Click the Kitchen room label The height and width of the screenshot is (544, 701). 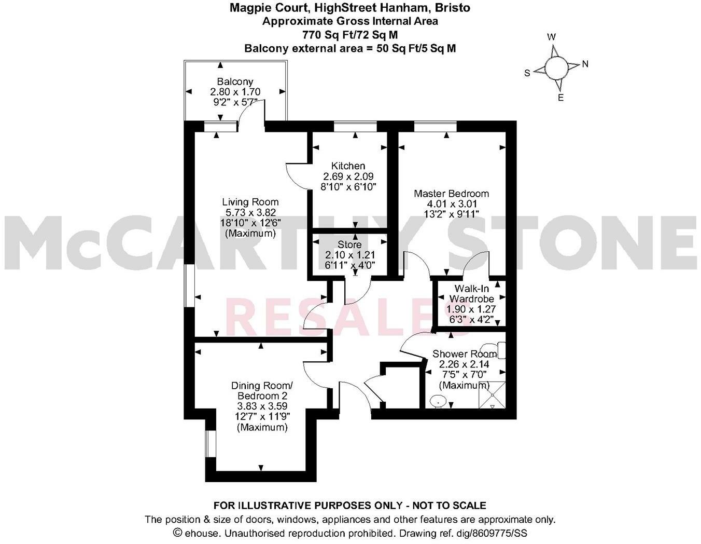[348, 166]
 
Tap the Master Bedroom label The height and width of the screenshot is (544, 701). [451, 194]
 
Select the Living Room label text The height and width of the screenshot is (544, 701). [250, 202]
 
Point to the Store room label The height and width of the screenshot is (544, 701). [349, 244]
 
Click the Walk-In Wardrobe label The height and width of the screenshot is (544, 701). [471, 293]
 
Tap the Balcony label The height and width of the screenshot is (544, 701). [235, 81]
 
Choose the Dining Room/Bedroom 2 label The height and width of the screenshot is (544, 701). [262, 391]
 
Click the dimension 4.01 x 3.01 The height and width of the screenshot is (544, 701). [451, 204]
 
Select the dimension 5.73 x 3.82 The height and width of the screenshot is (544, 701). [250, 212]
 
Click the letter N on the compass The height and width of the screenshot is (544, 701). [585, 64]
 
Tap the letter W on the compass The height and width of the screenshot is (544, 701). [552, 37]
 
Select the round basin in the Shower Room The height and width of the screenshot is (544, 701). [439, 401]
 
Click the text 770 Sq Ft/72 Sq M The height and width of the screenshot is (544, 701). [350, 35]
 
